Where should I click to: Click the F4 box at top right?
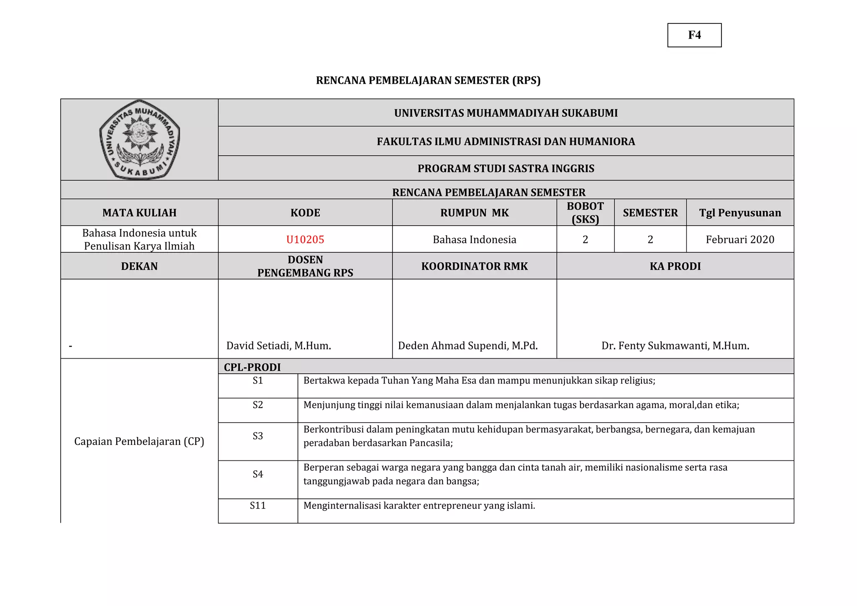pos(694,35)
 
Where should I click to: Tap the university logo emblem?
pos(139,140)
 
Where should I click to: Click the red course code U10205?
pos(305,239)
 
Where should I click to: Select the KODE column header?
pos(305,213)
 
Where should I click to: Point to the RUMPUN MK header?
pos(474,213)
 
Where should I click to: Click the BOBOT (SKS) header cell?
pos(585,213)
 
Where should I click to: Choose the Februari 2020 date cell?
pos(739,239)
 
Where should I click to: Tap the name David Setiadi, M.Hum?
pos(279,346)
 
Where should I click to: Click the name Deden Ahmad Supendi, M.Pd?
pos(467,346)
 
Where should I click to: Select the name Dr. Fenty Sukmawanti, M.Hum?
pos(675,346)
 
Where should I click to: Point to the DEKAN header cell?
pos(139,266)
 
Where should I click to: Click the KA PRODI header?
pos(675,266)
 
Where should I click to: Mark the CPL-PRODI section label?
pos(252,367)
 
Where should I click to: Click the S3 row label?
pos(258,436)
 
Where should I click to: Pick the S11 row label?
pos(258,506)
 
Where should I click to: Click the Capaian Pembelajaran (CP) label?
pos(139,442)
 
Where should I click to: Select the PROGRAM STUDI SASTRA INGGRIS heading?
pos(505,169)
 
